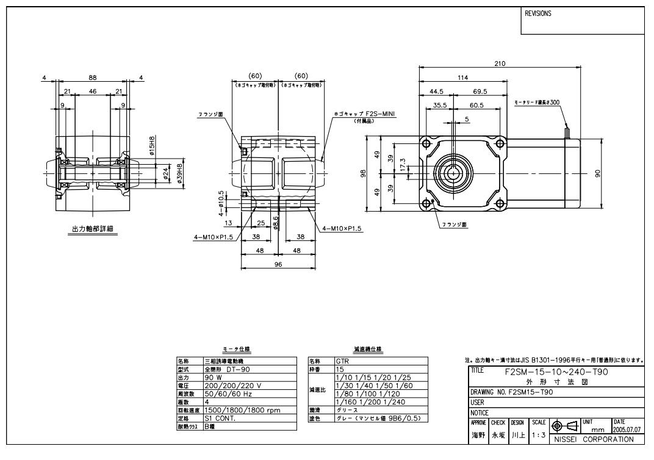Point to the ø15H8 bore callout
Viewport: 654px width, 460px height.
point(153,147)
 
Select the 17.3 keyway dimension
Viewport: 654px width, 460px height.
point(401,164)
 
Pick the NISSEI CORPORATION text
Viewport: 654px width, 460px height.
point(597,439)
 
